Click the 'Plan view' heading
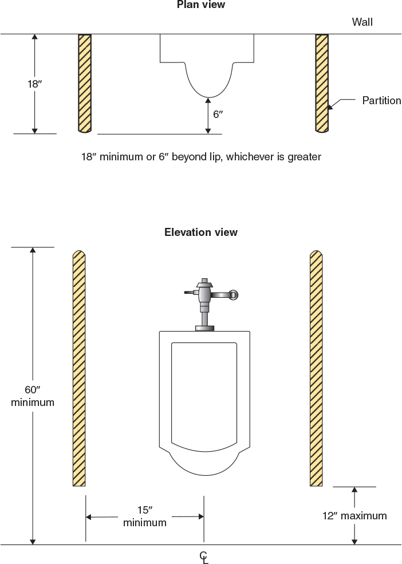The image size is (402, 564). click(x=200, y=5)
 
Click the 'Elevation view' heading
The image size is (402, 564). click(x=200, y=232)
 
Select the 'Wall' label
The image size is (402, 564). click(x=362, y=22)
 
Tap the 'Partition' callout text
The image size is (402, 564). click(x=381, y=101)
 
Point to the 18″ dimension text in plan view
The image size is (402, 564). click(x=34, y=84)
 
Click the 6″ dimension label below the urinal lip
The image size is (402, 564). click(x=218, y=114)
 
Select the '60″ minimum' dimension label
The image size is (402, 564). click(x=33, y=396)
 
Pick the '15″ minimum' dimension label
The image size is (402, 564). click(x=144, y=516)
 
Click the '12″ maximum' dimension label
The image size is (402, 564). click(x=354, y=516)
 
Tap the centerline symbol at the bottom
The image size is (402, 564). click(x=204, y=557)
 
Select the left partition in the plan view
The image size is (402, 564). click(x=85, y=84)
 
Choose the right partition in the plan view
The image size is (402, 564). click(x=322, y=84)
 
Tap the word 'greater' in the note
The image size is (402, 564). click(x=304, y=156)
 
